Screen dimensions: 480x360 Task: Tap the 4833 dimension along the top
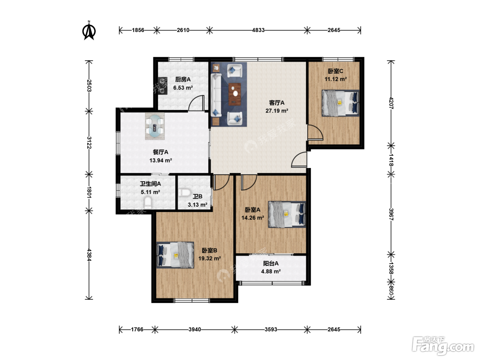tap(258, 30)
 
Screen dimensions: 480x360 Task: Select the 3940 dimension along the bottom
tap(195, 329)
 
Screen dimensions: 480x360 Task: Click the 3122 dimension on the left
tap(89, 143)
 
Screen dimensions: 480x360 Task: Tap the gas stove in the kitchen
tap(163, 86)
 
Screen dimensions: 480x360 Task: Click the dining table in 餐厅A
tap(155, 126)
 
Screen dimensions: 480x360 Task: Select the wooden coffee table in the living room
tap(235, 94)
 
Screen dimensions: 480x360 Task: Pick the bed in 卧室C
tap(340, 103)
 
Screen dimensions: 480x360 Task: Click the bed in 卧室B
tap(175, 255)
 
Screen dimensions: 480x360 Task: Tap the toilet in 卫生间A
tap(148, 203)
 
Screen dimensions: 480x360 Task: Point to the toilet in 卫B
tap(184, 193)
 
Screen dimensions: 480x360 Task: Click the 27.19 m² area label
tap(277, 111)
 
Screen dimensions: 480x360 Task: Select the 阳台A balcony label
tap(271, 263)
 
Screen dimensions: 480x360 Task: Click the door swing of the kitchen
tap(196, 103)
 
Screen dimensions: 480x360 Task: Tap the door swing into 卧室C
tap(315, 132)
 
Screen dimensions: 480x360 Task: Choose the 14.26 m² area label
tap(253, 218)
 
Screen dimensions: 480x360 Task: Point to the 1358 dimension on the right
tap(391, 268)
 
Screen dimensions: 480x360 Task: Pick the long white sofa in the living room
tap(216, 95)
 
